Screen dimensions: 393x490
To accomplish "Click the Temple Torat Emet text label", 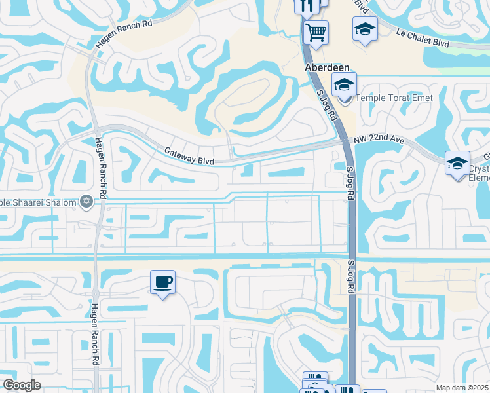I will (x=386, y=99).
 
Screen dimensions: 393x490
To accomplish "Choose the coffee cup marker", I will (x=162, y=282).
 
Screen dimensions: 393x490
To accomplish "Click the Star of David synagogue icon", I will (x=85, y=200).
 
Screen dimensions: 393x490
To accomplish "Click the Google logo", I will (x=22, y=385).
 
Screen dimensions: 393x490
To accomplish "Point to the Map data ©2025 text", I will (x=462, y=388).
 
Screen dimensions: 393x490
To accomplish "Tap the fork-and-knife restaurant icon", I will (x=306, y=6).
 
